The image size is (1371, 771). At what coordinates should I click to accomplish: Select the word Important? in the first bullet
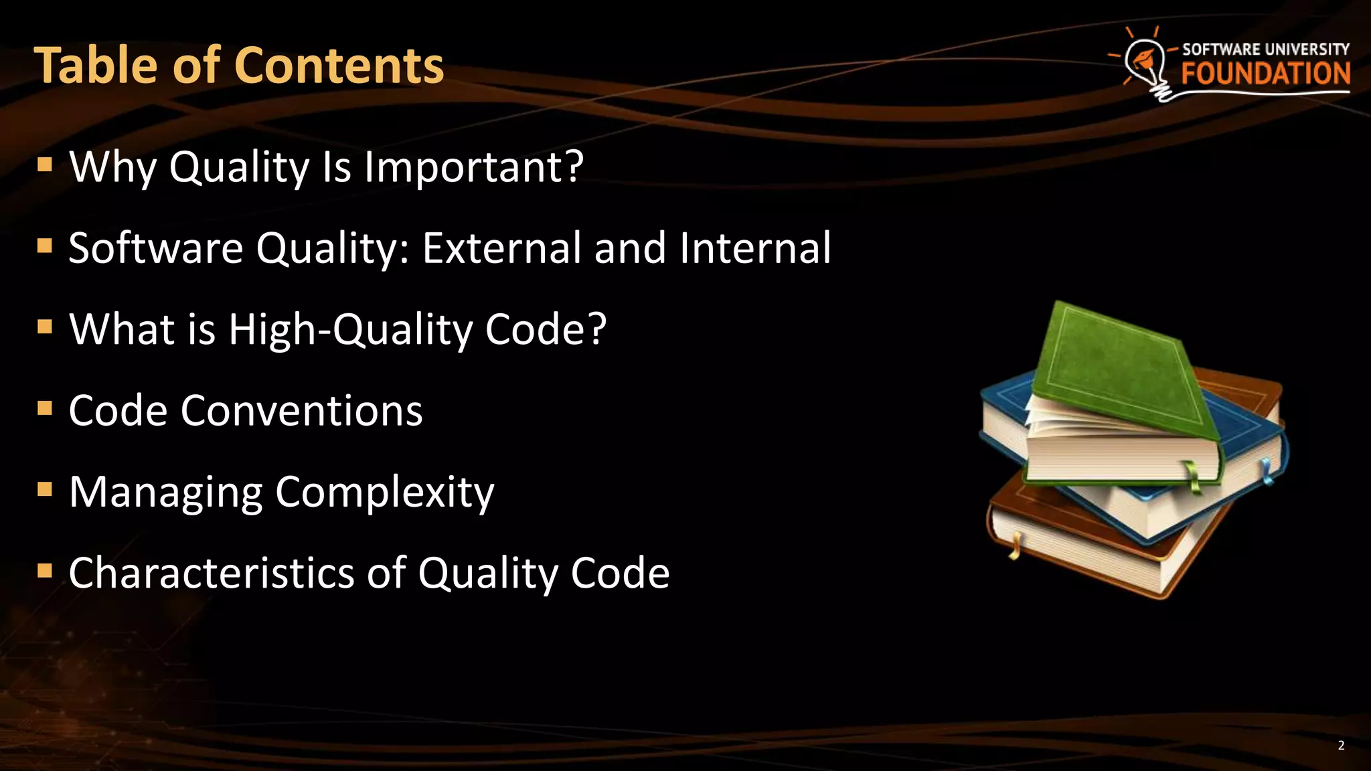coord(474,167)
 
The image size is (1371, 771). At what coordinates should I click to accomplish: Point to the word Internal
coord(755,248)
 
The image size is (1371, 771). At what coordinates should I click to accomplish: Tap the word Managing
coord(165,493)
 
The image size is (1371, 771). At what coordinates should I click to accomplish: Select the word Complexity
coord(385,493)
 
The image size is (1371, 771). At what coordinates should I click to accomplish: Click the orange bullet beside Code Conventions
coord(45,408)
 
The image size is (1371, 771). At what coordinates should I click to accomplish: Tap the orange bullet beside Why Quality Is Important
coord(45,165)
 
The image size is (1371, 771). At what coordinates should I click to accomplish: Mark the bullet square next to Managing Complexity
coord(45,490)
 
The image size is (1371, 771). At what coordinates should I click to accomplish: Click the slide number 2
coord(1341,746)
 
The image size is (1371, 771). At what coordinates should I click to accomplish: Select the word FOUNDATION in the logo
coord(1265,74)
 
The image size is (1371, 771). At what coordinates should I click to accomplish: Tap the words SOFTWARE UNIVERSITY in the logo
coord(1265,49)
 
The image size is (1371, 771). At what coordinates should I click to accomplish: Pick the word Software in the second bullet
coord(155,248)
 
